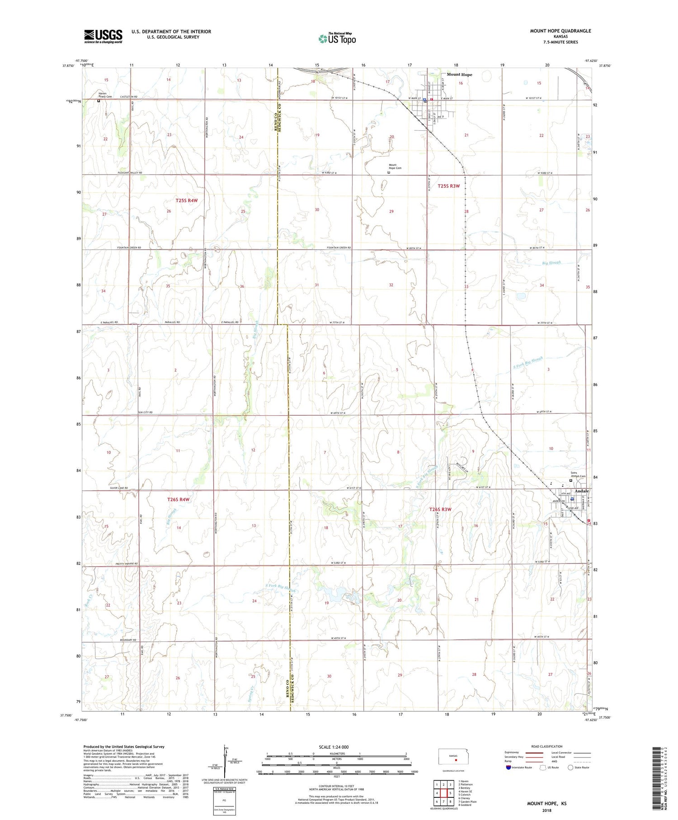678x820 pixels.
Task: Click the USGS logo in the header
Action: click(x=103, y=36)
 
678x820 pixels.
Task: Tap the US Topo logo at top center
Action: click(x=337, y=38)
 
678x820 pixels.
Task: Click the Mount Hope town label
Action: click(x=459, y=75)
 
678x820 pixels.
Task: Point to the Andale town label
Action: click(x=582, y=491)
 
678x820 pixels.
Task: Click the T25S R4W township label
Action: click(x=187, y=200)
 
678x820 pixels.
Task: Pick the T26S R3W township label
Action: click(x=440, y=509)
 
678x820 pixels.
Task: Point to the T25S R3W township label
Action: click(x=448, y=186)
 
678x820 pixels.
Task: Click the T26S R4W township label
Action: click(x=178, y=499)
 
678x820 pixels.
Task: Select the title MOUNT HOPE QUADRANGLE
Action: click(x=560, y=31)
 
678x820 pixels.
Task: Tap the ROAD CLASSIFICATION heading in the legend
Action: click(x=547, y=746)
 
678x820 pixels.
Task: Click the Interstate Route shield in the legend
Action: click(x=508, y=768)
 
